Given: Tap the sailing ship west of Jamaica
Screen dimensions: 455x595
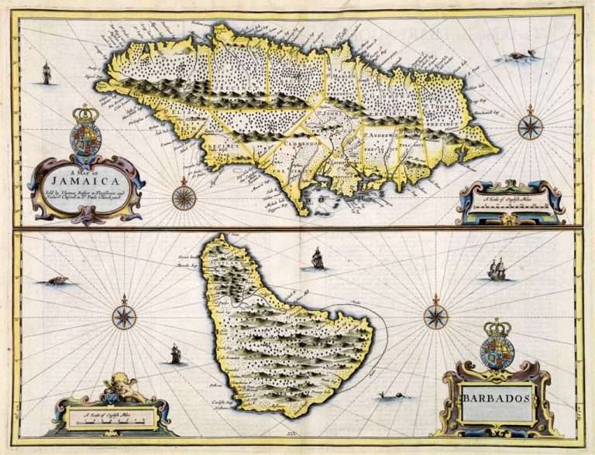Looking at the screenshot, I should [x=46, y=74].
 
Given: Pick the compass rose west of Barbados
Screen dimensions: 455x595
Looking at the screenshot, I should [x=124, y=316].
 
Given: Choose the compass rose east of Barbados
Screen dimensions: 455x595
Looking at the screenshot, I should [x=436, y=316].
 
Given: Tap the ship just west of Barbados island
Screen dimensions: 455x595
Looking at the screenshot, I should [x=175, y=355].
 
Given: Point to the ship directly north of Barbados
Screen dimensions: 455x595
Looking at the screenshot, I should [x=317, y=258].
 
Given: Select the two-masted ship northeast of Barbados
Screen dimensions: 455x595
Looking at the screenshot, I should [x=497, y=269].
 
